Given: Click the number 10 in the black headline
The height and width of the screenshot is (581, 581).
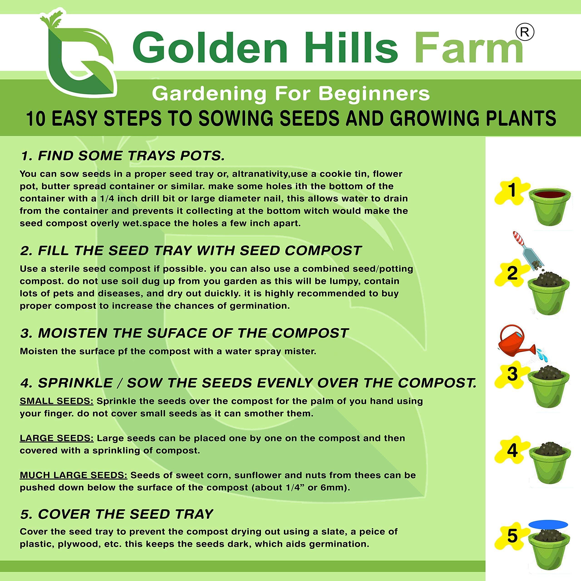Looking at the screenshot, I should (36, 118).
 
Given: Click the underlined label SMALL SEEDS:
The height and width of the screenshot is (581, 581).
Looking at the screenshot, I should (57, 401).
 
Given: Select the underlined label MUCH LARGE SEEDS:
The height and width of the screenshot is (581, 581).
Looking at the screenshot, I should (74, 475).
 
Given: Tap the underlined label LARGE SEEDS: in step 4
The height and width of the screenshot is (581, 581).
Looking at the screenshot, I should (57, 438).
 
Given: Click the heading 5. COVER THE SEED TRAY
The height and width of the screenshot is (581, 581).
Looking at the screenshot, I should (117, 514).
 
